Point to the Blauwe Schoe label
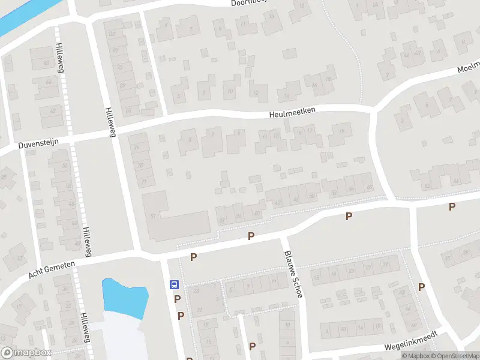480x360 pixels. (295, 266)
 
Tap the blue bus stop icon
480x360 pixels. (174, 284)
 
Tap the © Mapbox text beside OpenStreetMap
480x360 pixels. (415, 356)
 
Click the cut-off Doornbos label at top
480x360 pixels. (252, 3)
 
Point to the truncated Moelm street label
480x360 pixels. (469, 68)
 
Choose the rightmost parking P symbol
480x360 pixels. (452, 207)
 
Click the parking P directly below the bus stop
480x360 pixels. (177, 299)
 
